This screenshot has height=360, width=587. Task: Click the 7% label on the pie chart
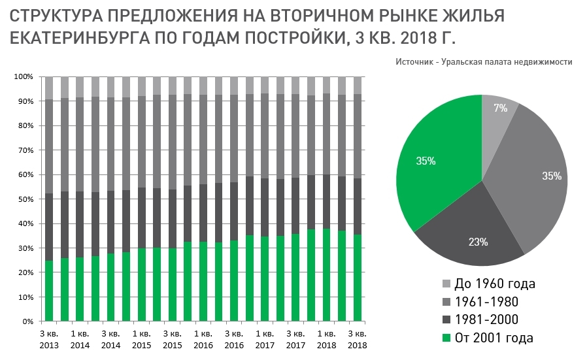(501, 108)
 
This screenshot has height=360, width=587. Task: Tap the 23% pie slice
(478, 242)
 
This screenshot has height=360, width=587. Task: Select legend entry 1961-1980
(480, 302)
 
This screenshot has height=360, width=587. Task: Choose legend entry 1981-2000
(480, 319)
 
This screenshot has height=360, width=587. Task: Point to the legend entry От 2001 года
(487, 338)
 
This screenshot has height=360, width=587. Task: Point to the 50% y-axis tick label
(25, 199)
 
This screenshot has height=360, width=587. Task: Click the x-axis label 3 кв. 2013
(49, 339)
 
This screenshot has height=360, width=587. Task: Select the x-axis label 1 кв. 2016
(203, 339)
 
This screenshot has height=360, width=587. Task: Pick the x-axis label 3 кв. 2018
(357, 339)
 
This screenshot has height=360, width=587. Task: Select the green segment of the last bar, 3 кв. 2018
(357, 278)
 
